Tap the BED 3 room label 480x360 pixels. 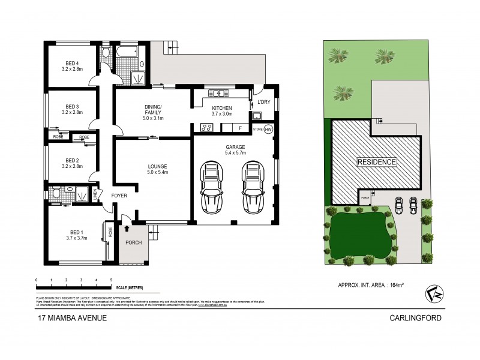[x=72, y=107]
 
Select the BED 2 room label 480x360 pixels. [x=72, y=160]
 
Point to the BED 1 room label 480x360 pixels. [x=76, y=232]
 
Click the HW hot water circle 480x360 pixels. [x=268, y=129]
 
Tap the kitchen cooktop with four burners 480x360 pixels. [x=205, y=127]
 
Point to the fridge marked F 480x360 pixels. [x=240, y=128]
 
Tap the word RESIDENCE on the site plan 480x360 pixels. [x=377, y=162]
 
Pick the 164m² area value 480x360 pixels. [x=394, y=285]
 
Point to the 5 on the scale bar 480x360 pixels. [x=111, y=280]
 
